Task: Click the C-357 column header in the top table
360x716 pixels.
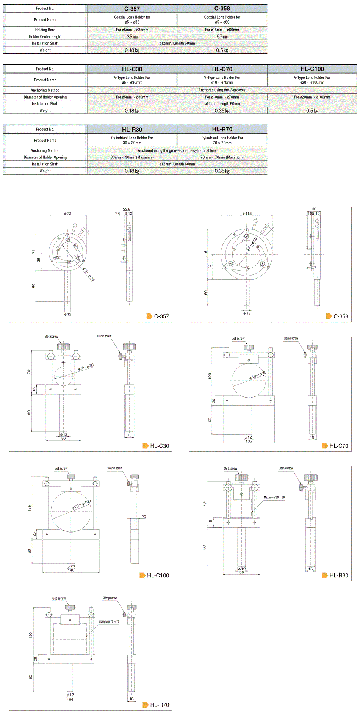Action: click(x=132, y=8)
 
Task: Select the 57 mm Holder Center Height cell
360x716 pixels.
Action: click(x=222, y=37)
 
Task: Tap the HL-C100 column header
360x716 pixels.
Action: click(x=312, y=69)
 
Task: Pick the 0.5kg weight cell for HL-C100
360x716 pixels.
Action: click(x=312, y=111)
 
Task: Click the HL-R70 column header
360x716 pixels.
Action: click(x=222, y=129)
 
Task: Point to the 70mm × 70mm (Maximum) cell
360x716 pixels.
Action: click(x=222, y=157)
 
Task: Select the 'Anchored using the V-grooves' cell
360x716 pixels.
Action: click(x=222, y=90)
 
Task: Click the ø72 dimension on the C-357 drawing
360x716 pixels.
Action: click(x=68, y=214)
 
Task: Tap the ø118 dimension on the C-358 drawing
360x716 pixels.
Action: click(x=247, y=214)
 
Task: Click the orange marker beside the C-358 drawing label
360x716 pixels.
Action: click(x=329, y=316)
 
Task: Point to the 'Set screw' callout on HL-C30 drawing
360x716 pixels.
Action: click(x=52, y=337)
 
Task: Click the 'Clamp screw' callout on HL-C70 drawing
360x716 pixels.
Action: click(x=291, y=338)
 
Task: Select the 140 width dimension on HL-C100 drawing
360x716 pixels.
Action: click(x=71, y=570)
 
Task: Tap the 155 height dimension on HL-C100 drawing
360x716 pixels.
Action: click(x=30, y=508)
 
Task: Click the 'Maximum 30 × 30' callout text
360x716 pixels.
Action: click(x=274, y=497)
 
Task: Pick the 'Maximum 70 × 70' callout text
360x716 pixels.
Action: click(x=109, y=622)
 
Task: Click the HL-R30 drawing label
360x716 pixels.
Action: click(x=339, y=575)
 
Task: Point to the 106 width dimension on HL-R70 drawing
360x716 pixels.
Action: click(x=70, y=700)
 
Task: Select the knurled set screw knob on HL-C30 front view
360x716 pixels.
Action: click(x=63, y=346)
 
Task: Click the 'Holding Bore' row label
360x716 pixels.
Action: click(x=45, y=30)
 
